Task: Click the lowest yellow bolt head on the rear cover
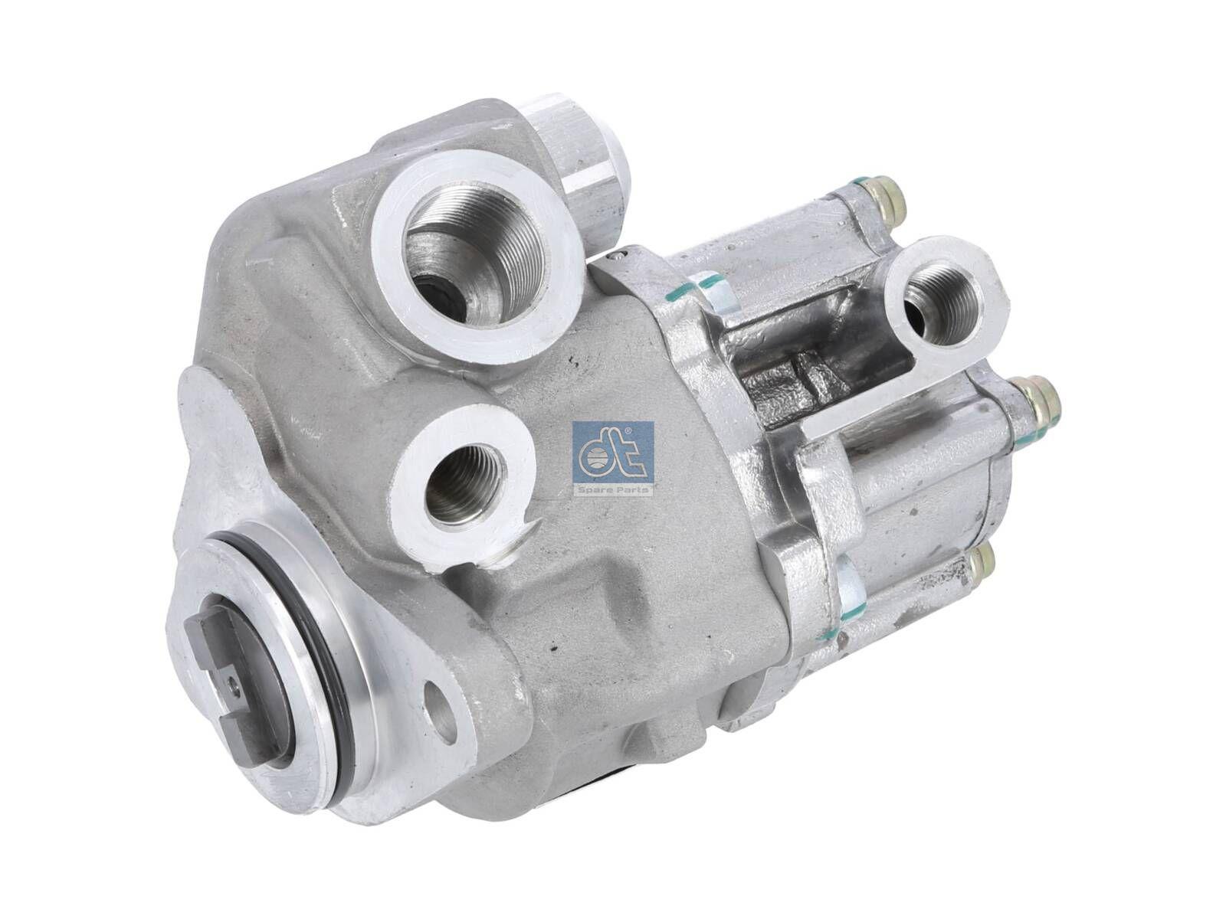pyautogui.click(x=979, y=565)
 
